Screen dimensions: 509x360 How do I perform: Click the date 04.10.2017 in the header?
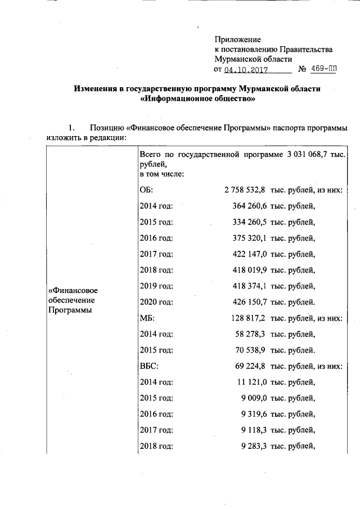pyautogui.click(x=245, y=71)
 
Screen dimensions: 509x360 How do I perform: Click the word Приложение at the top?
pyautogui.click(x=238, y=39)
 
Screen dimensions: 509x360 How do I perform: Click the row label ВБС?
pyautogui.click(x=148, y=366)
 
